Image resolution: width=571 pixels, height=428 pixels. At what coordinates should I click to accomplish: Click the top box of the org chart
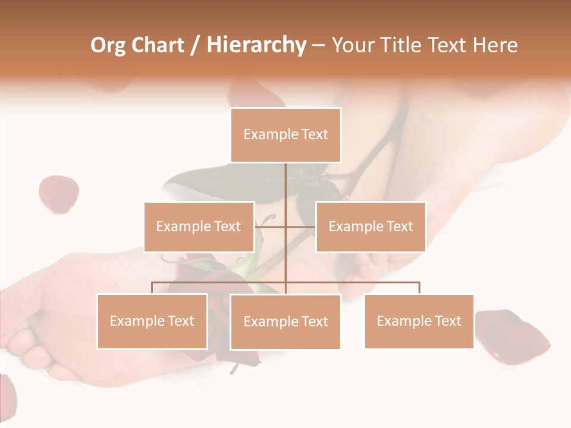pos(285,135)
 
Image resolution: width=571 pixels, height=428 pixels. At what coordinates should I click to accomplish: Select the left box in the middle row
pos(199,226)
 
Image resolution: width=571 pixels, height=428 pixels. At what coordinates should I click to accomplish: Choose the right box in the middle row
pos(371,226)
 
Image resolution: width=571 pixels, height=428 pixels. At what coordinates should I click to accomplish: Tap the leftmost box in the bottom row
pos(152,321)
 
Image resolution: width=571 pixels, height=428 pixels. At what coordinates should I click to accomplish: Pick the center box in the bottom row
pos(285,322)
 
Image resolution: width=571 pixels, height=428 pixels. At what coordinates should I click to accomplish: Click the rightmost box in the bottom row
pos(419,321)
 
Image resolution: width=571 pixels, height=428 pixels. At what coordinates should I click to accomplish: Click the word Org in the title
pos(108,45)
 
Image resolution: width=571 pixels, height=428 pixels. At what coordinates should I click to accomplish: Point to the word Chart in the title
pos(158,45)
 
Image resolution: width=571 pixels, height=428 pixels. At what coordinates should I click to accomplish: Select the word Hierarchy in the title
pos(256,45)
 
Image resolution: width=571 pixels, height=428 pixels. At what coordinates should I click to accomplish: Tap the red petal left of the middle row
pos(58,194)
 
